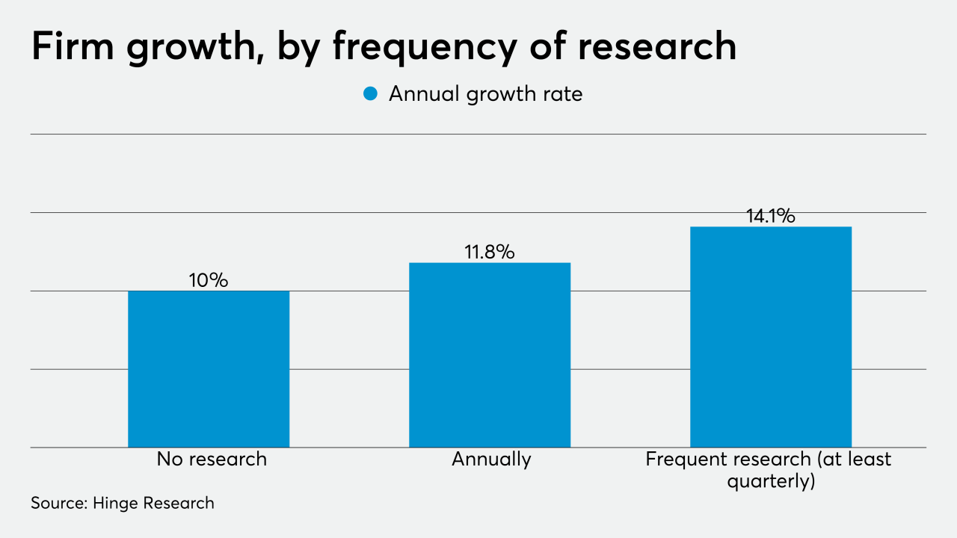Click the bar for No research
tap(209, 369)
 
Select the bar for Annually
tap(490, 355)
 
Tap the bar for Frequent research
tap(771, 337)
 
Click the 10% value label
tap(209, 280)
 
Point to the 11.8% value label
tap(490, 252)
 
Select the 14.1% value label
tap(771, 216)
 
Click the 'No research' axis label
tap(212, 459)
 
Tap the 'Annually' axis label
tap(491, 459)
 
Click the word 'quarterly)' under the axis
tap(771, 482)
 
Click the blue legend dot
tap(370, 94)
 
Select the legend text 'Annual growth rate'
tap(485, 94)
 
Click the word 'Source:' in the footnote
tap(58, 503)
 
